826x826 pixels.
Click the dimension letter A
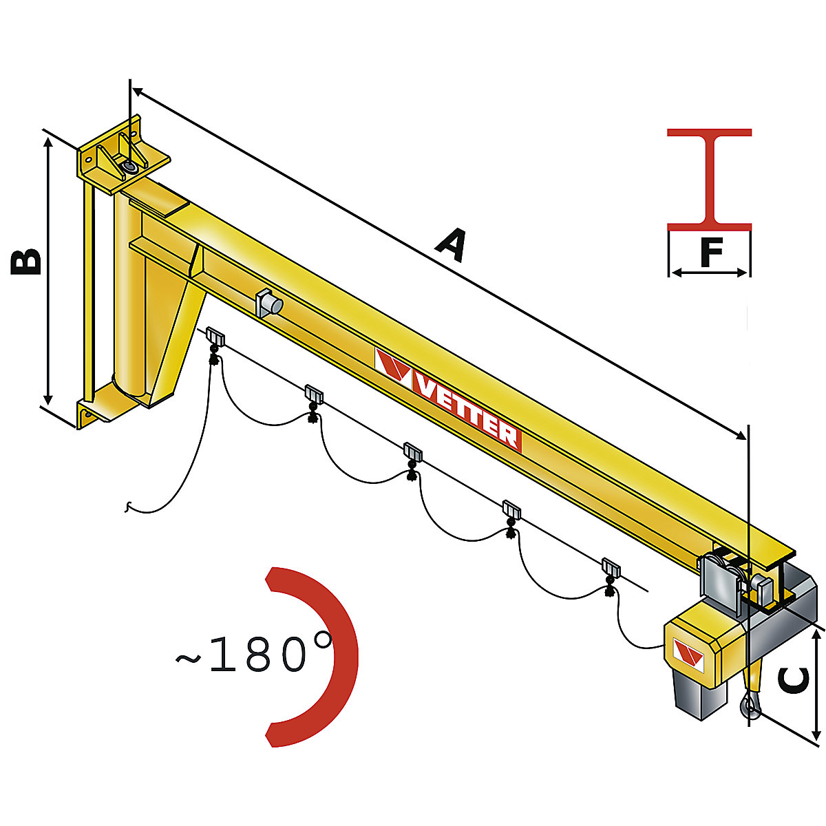point(450,246)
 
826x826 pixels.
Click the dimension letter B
point(26,262)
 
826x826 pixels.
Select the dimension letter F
point(710,252)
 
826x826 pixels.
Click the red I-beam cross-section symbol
point(709,179)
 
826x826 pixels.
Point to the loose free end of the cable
point(127,508)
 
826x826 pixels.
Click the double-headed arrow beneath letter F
point(709,273)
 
